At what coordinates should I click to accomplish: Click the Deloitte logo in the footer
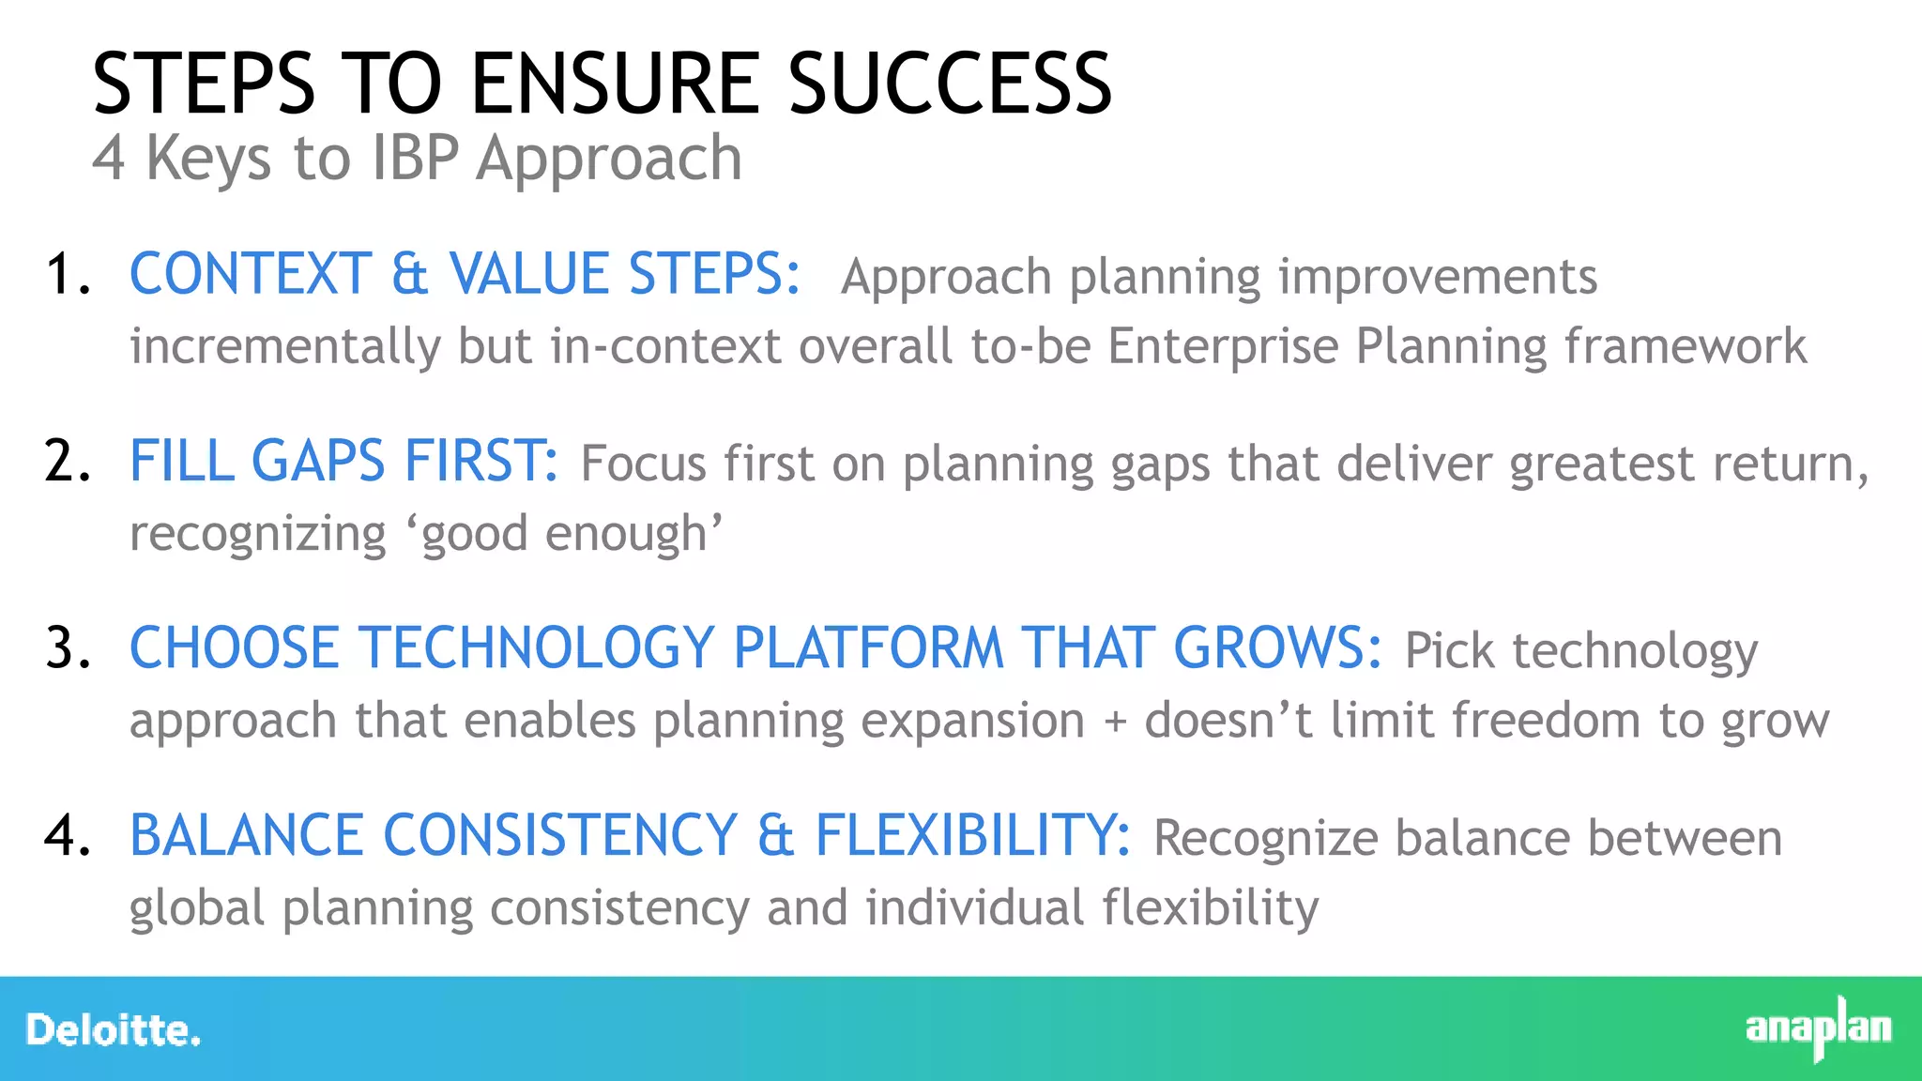[x=113, y=1030]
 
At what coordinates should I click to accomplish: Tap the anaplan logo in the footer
[x=1818, y=1028]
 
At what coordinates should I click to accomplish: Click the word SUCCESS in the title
[x=949, y=84]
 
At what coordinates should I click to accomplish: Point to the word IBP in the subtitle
[x=416, y=158]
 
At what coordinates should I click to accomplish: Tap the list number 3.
[x=68, y=649]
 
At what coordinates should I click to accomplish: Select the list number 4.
[x=68, y=836]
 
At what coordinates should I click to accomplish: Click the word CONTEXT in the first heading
[x=251, y=275]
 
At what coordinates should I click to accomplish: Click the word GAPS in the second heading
[x=318, y=462]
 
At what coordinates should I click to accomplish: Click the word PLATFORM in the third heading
[x=868, y=648]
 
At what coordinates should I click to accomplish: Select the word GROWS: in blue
[x=1277, y=648]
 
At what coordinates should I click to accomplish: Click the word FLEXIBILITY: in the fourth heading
[x=972, y=836]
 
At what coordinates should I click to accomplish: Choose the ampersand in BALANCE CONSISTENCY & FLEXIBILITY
[x=775, y=836]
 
